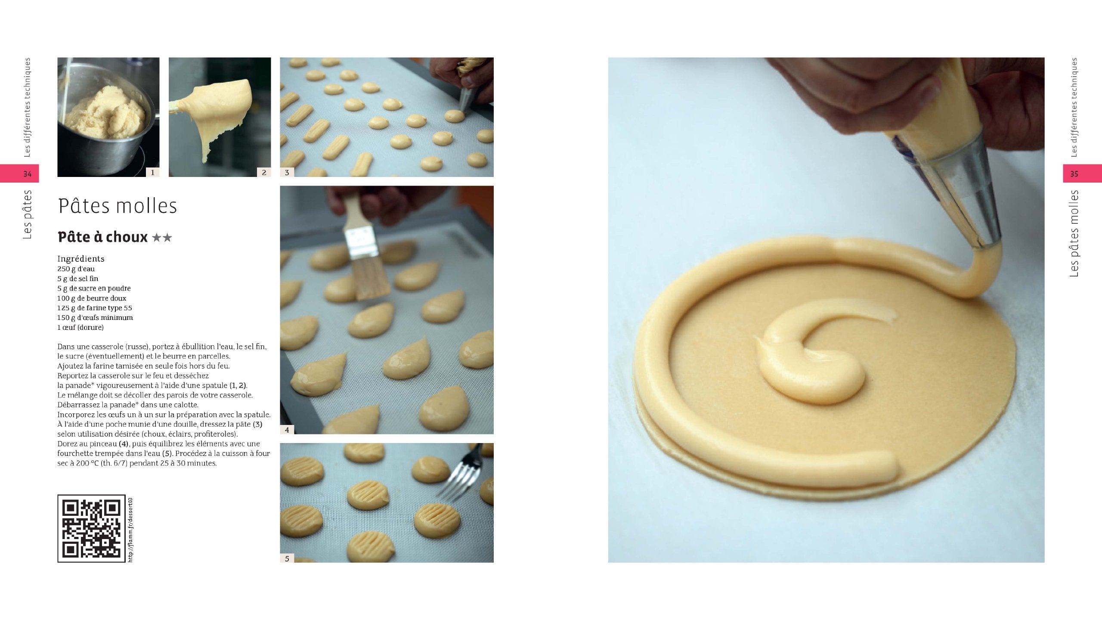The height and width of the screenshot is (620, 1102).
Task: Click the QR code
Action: (91, 528)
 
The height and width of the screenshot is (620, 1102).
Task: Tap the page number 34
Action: (27, 174)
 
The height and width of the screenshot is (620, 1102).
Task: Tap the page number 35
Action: (1074, 174)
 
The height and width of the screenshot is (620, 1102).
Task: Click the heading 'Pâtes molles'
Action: (118, 206)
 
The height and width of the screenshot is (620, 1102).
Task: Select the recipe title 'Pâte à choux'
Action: (103, 237)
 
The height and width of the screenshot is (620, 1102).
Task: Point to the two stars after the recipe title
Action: (162, 238)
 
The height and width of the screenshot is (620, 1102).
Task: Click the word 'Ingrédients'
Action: (81, 259)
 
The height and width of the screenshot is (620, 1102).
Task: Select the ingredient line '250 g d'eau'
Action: (76, 269)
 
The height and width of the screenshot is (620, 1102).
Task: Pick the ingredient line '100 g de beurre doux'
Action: (92, 298)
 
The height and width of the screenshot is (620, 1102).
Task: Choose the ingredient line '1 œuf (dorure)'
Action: (80, 327)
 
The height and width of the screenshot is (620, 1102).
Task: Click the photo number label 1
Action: (152, 172)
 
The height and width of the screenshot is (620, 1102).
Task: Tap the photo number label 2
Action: (264, 172)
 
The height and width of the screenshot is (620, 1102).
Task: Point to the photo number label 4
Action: (287, 430)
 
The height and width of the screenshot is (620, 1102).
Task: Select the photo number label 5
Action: (287, 558)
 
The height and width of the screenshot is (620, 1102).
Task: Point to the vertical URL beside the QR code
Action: (130, 530)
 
